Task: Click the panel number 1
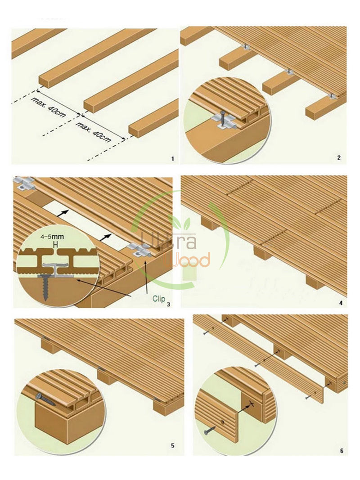point(173,159)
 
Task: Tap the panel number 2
point(339,158)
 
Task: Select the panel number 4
point(341,303)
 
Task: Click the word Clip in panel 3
point(159,299)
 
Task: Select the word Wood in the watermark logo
point(187,260)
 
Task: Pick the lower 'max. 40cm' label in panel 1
point(94,132)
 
